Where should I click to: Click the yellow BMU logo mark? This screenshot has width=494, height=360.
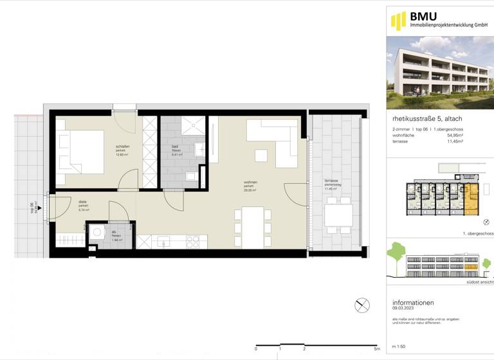[x=398, y=21]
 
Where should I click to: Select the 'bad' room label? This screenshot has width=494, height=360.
[x=175, y=147]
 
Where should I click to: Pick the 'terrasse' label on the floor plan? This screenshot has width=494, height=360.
[x=331, y=181]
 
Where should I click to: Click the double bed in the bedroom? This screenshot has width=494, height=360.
[x=80, y=152]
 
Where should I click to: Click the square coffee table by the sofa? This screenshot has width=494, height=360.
[x=261, y=155]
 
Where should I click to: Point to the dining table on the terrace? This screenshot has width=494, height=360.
[x=338, y=215]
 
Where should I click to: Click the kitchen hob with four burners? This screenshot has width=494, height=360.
[x=192, y=241]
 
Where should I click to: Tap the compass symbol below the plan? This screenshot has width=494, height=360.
[x=361, y=305]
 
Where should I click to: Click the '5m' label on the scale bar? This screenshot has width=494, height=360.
[x=376, y=349]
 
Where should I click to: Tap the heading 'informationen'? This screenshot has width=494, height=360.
[x=413, y=302]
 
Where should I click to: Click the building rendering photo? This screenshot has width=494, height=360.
[x=440, y=73]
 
